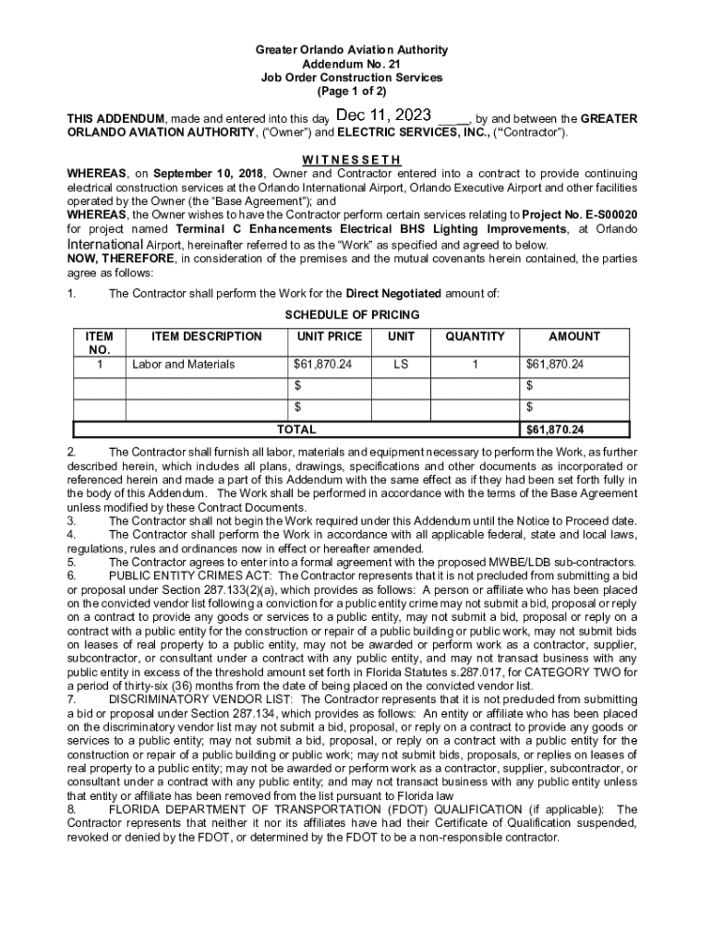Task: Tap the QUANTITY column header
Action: click(x=475, y=337)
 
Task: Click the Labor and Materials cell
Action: click(x=184, y=365)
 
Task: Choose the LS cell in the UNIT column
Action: click(x=401, y=365)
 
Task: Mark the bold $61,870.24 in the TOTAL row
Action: click(x=555, y=431)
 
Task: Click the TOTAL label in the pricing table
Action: click(x=296, y=431)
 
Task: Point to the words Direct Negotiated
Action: click(x=393, y=294)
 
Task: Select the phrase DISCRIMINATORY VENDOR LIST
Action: click(x=199, y=700)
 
